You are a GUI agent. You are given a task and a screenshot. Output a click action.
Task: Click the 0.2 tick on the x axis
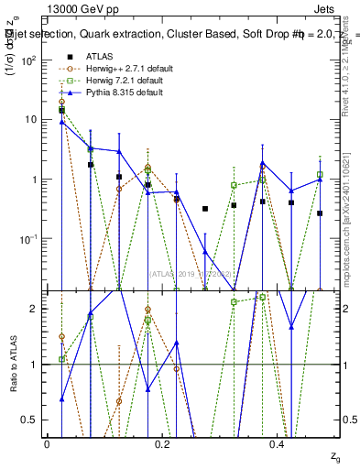(x=162, y=443)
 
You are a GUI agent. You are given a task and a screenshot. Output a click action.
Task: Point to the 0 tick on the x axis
(x=47, y=443)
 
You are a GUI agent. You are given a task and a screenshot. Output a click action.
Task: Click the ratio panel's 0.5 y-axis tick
(x=34, y=420)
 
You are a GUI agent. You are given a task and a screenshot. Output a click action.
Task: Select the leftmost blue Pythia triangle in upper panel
(x=61, y=122)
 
